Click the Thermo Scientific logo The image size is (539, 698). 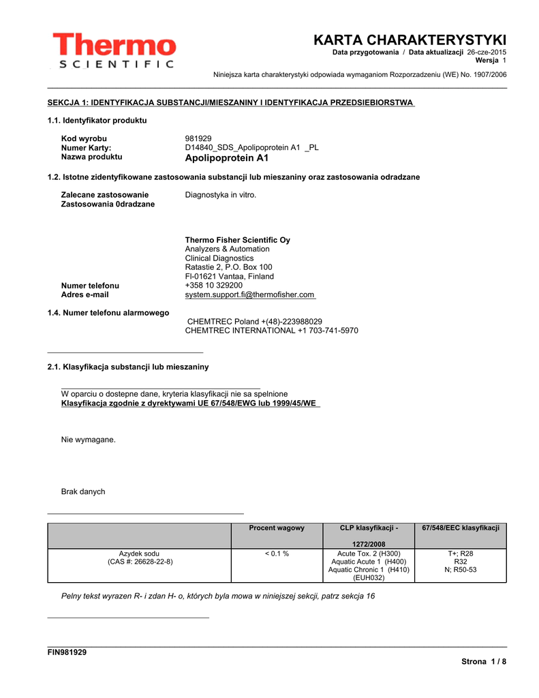113,50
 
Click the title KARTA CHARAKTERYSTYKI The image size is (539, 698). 410,40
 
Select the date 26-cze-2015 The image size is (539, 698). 487,52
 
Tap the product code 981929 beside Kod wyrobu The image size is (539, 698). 198,138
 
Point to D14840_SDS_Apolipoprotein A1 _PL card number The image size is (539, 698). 251,147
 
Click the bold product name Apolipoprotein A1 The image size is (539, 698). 227,157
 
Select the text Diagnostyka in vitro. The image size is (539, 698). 221,195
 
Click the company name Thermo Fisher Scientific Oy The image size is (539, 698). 237,240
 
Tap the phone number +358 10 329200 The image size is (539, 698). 213,286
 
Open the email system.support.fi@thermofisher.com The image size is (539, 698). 249,294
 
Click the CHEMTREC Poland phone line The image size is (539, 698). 254,321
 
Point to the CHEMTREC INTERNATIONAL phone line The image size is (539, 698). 271,331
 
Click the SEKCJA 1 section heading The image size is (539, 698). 230,102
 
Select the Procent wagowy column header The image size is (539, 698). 277,528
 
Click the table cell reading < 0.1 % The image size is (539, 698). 277,553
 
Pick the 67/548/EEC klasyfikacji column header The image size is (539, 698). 461,528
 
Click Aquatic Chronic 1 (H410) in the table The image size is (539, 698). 369,570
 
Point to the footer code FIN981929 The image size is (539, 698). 67,652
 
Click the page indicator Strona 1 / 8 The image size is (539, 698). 484,662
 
